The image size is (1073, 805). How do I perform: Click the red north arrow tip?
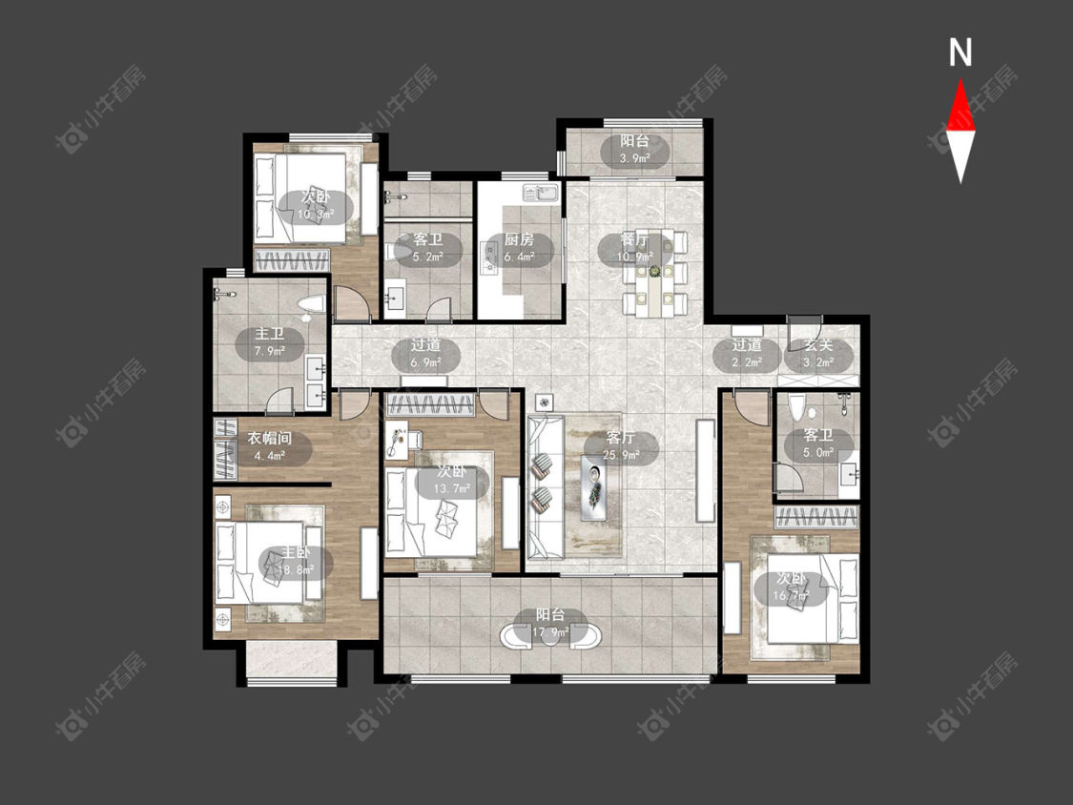(960, 80)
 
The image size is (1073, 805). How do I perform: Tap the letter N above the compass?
(960, 52)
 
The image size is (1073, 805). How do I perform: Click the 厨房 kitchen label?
(519, 239)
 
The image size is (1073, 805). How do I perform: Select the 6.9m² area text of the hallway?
(425, 362)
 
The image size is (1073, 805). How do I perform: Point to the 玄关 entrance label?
(817, 345)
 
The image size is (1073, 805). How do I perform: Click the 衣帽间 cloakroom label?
(269, 438)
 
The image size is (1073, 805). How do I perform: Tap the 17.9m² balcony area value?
(550, 631)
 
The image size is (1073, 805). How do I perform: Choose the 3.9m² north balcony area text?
(635, 157)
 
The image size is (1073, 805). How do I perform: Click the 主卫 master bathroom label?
(269, 334)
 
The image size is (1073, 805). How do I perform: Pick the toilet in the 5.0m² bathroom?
(795, 408)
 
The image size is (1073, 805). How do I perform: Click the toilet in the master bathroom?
(311, 305)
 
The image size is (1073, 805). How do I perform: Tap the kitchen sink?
(540, 193)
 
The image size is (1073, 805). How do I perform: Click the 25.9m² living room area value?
(621, 455)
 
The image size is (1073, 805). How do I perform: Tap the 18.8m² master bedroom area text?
(296, 568)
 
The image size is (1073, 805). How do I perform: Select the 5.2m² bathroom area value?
(427, 257)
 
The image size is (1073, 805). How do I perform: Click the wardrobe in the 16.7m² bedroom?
(815, 518)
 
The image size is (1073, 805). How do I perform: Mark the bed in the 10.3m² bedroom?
(301, 198)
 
